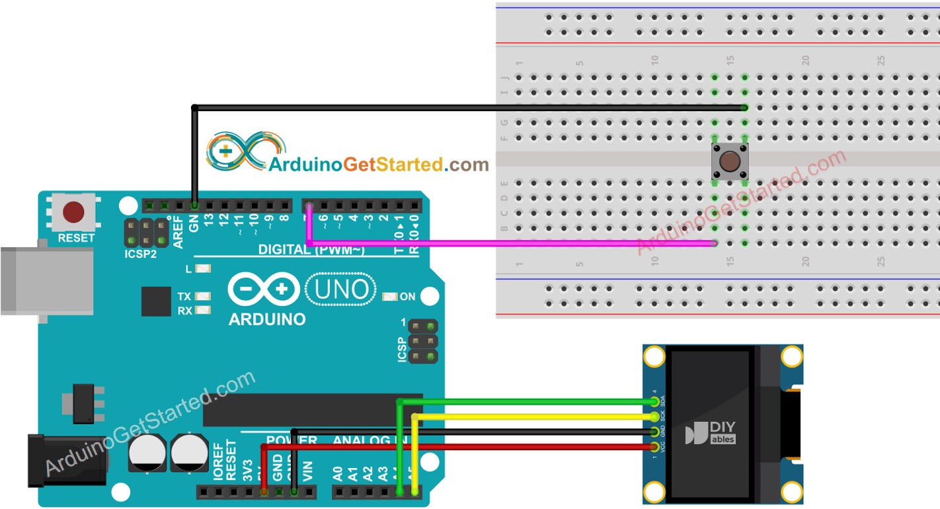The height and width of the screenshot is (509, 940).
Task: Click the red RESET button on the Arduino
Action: pos(73,212)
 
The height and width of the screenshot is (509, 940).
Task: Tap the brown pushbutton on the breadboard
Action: pos(730,161)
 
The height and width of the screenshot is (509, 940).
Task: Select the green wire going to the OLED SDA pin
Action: pos(529,401)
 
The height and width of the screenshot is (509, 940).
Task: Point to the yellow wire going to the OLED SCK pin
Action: pos(529,416)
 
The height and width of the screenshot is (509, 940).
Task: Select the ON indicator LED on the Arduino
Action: pos(390,297)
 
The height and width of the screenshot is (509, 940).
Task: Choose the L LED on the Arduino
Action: pos(204,270)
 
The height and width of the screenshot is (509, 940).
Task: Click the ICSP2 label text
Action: pos(141,254)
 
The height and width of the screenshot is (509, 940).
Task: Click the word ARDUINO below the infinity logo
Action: pos(267,319)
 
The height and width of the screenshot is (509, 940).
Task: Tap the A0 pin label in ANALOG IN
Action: pos(338,473)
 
